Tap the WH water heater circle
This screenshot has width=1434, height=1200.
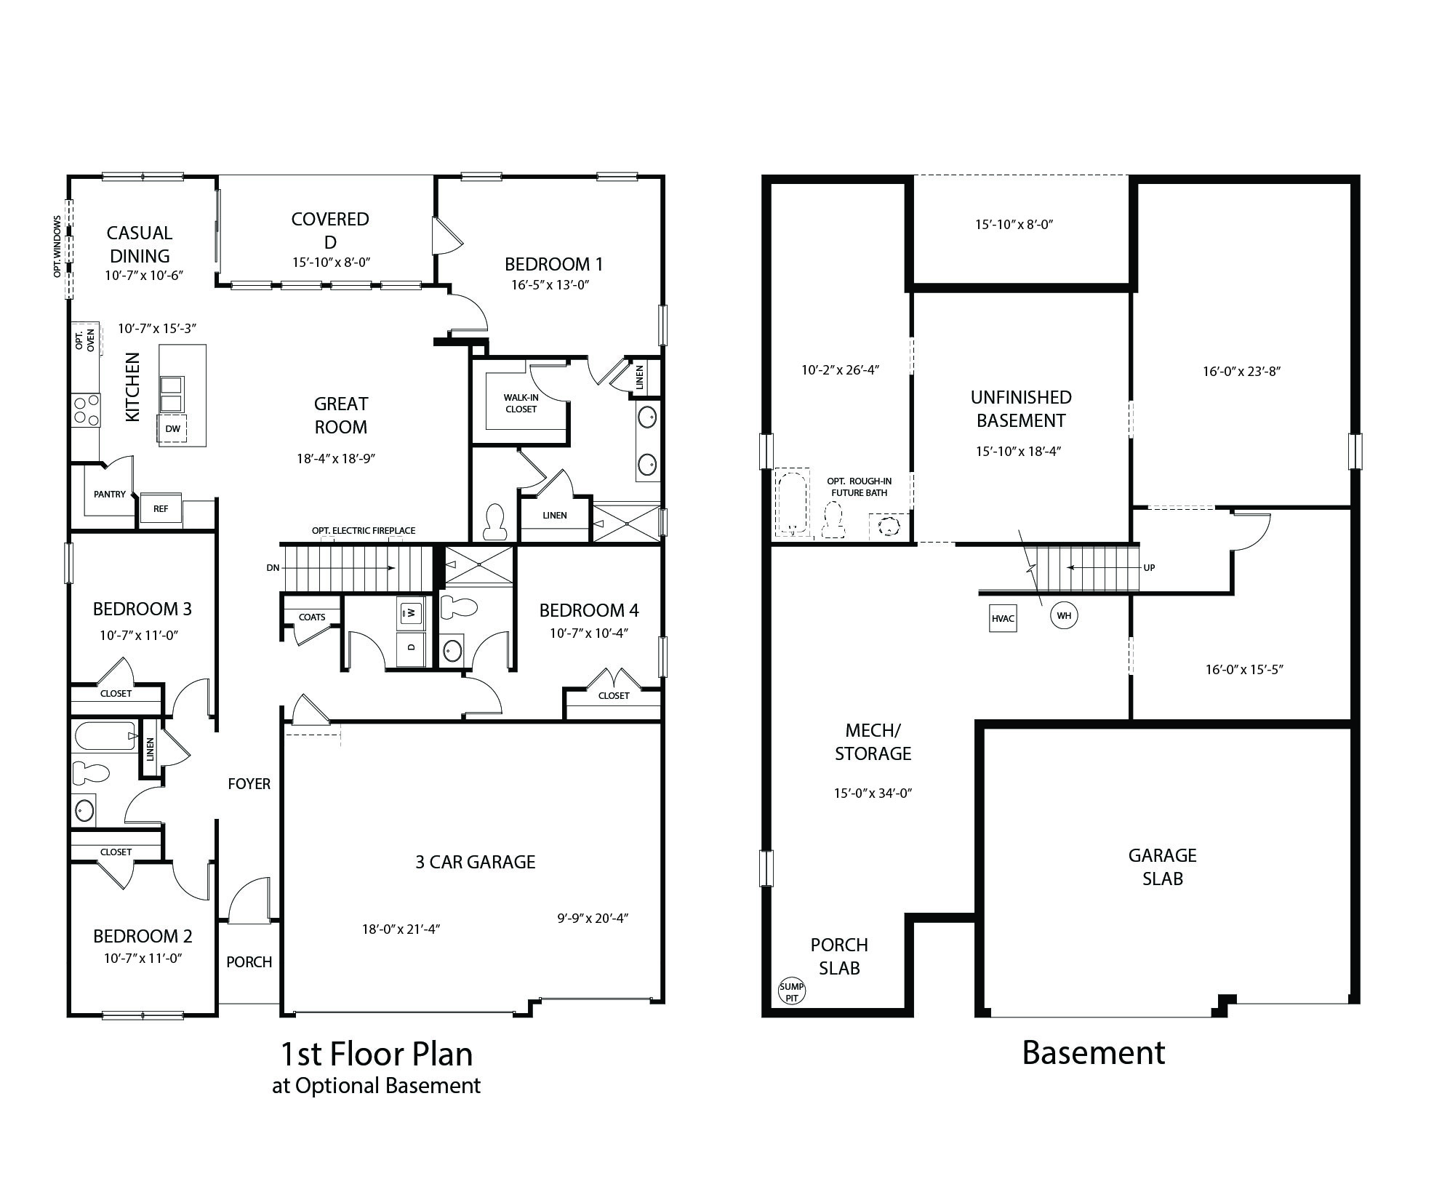1064,616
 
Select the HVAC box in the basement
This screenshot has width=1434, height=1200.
1003,619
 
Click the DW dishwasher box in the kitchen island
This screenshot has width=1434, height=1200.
172,429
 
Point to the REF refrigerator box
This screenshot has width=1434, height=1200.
161,509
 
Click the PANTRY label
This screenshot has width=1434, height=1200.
110,495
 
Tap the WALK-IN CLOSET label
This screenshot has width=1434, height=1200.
521,404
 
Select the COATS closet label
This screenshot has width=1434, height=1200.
312,617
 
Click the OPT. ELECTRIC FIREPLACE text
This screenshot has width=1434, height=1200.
364,531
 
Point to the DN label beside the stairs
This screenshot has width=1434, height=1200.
273,568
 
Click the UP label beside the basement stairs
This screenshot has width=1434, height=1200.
1149,568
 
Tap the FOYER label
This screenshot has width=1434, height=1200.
249,784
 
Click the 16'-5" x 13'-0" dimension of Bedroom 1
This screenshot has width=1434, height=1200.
550,285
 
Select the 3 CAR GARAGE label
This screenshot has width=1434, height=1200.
475,863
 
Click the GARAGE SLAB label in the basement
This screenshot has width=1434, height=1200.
1162,867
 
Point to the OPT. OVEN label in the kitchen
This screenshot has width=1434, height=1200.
85,341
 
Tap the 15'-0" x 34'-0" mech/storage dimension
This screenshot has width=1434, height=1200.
873,793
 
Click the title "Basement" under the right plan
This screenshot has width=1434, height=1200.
1093,1053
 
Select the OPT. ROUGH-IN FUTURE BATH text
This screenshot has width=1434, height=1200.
859,487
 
